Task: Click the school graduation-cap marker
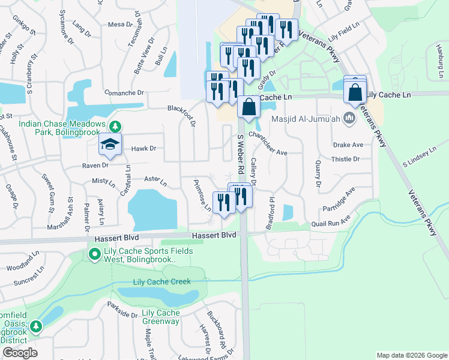click(111, 144)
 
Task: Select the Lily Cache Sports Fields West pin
click(94, 255)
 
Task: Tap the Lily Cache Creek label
click(161, 281)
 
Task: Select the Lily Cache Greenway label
click(160, 317)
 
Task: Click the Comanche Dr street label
click(124, 93)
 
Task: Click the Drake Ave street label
click(348, 145)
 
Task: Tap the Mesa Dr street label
click(120, 24)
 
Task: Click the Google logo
click(20, 353)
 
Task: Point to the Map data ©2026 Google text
click(411, 355)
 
